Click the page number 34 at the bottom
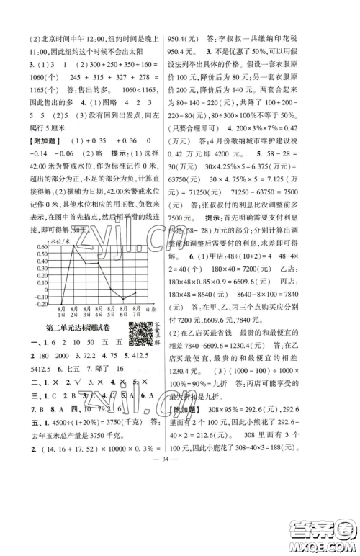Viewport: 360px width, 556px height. (x=180, y=536)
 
